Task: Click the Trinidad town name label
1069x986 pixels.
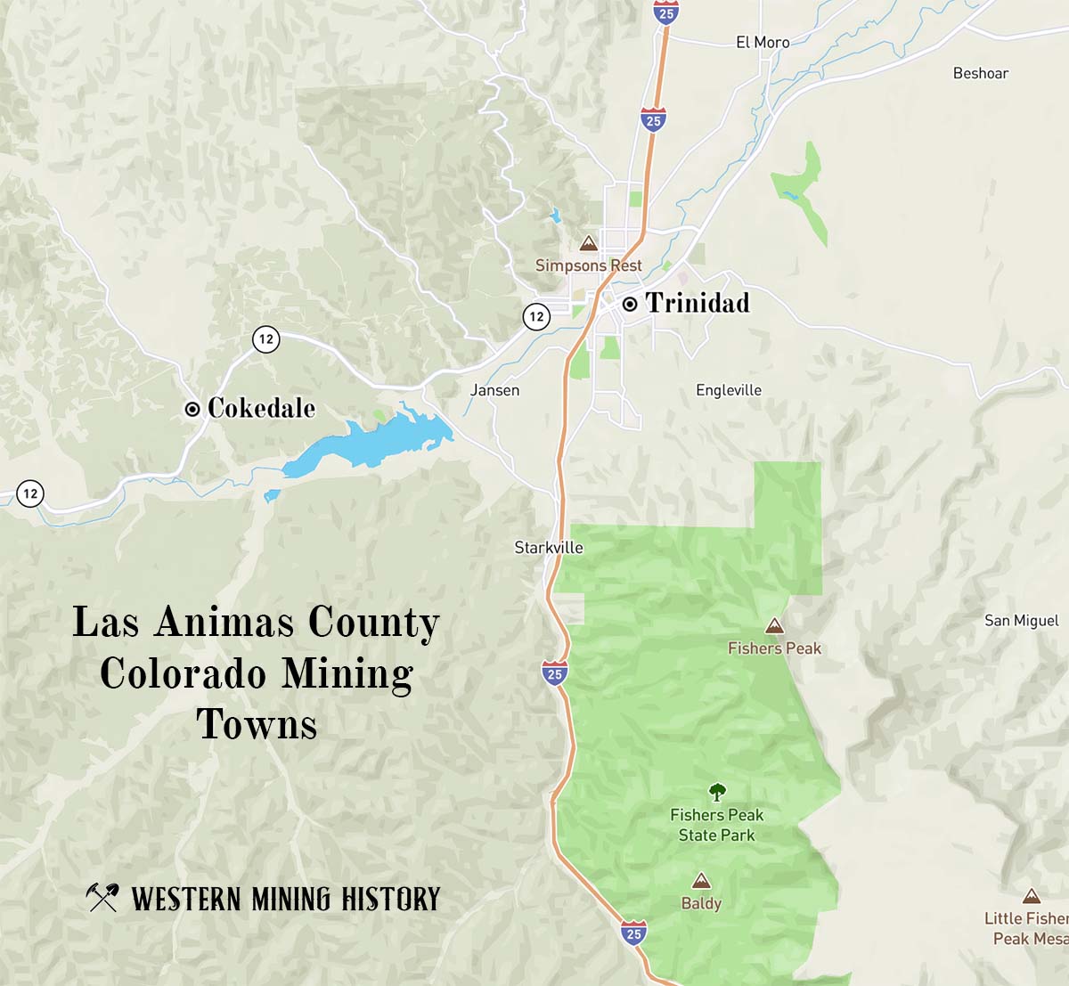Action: coord(698,304)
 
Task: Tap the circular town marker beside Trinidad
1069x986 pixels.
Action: coord(630,305)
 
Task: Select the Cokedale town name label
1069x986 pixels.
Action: coord(261,409)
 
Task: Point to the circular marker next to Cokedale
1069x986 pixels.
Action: coord(192,410)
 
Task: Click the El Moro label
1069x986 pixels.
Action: coord(763,43)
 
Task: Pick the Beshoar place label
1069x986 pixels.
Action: coord(980,74)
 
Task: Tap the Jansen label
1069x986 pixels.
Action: coord(494,390)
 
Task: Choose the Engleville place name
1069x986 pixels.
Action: coord(729,390)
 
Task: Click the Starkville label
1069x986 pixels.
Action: coord(549,548)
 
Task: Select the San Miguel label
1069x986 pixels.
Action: coord(1021,621)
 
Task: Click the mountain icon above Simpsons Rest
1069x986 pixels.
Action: coord(588,243)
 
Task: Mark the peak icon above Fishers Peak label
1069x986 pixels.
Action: coord(775,626)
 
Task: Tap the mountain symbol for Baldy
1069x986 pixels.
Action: coord(702,881)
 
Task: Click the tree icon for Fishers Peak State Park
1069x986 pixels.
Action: coord(717,792)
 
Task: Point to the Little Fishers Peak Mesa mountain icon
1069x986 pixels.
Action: coord(1032,896)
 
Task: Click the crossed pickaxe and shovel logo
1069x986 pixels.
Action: coord(102,897)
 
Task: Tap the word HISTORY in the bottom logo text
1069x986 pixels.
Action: coord(391,900)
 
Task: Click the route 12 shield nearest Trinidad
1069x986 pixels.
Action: coord(536,316)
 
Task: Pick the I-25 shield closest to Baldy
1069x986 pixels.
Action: coord(633,933)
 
